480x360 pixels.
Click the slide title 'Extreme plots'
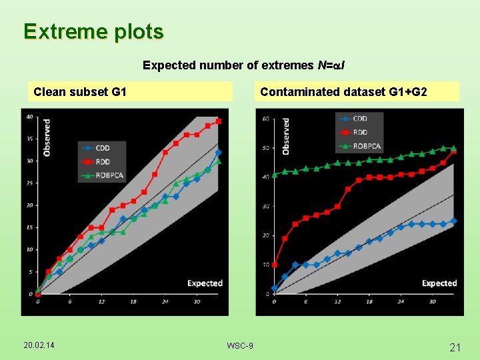point(93,31)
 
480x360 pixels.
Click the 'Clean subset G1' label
point(80,91)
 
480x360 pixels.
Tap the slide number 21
point(456,347)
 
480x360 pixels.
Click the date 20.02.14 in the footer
point(39,345)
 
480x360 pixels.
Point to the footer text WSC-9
point(240,345)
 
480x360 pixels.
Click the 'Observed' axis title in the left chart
point(47,137)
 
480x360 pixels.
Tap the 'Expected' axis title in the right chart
point(439,283)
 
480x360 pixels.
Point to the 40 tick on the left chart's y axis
point(29,117)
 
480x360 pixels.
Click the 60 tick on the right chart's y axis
point(266,119)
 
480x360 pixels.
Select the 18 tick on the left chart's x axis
point(133,301)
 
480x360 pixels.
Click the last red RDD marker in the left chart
point(219,121)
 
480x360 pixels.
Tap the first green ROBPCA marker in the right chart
point(275,175)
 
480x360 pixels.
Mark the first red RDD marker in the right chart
point(275,265)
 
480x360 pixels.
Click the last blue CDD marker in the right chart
point(453,221)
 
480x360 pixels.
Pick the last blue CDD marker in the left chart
point(218,153)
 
